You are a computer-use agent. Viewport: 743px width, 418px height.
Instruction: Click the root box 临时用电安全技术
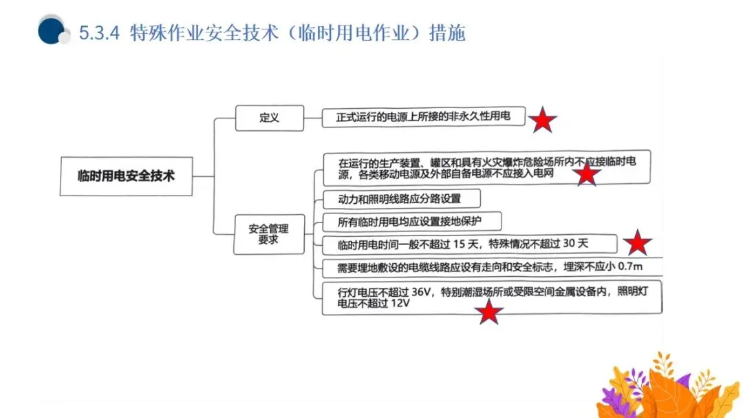(x=127, y=176)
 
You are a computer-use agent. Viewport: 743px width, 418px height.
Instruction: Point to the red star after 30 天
(x=637, y=242)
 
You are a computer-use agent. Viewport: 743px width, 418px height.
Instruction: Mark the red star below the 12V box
(x=489, y=313)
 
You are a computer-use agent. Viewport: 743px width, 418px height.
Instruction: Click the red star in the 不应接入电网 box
(x=586, y=173)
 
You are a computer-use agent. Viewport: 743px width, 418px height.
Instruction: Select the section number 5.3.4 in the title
(x=100, y=33)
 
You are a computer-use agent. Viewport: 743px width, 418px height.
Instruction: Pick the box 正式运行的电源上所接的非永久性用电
(x=423, y=118)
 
